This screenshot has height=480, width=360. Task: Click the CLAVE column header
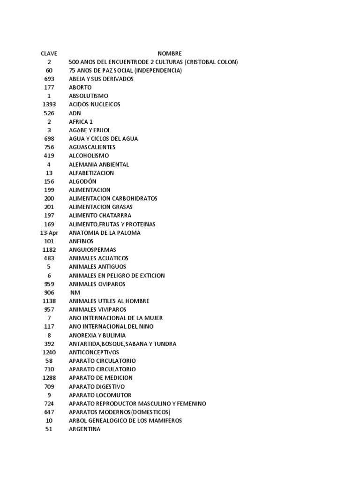49,53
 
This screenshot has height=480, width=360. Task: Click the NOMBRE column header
169,53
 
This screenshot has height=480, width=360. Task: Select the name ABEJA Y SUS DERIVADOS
101,79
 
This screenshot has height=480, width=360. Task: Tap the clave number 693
49,79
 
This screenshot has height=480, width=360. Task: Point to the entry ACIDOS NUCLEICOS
94,105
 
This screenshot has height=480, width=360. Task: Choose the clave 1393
49,105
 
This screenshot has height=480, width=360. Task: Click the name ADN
75,113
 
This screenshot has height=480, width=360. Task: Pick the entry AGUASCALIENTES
92,147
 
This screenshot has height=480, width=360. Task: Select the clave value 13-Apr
49,232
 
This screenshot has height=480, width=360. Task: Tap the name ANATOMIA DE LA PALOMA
104,232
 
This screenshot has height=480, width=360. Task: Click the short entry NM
75,292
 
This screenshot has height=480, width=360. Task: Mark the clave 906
49,292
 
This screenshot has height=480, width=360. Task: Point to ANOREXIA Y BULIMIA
97,335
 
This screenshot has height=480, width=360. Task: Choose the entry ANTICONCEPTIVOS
94,352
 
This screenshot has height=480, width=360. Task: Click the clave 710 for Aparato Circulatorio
49,369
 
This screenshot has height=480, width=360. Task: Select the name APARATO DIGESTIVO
97,387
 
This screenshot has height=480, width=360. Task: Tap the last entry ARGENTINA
84,429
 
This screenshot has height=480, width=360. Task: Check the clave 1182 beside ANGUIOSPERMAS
49,250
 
